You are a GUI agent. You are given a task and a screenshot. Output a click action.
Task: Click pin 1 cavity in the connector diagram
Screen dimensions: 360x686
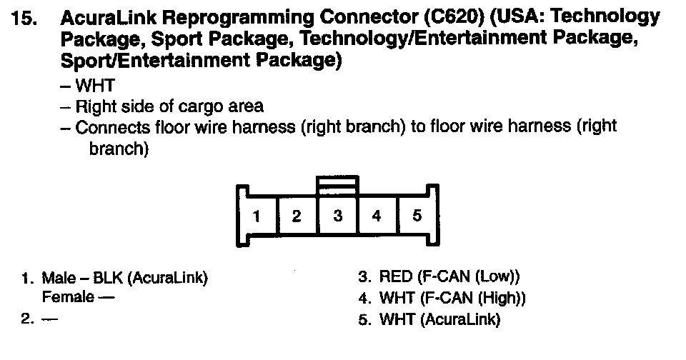click(x=257, y=216)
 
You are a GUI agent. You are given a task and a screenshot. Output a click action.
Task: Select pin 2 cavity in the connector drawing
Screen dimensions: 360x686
click(x=297, y=216)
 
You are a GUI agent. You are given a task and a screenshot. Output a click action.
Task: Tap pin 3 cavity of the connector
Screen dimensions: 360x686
click(x=337, y=216)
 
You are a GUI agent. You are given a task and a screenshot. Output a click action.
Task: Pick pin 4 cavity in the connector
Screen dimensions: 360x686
click(x=377, y=216)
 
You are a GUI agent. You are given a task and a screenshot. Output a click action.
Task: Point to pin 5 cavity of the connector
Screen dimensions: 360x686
click(x=417, y=216)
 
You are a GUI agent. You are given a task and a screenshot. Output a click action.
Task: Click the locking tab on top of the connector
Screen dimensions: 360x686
click(x=337, y=184)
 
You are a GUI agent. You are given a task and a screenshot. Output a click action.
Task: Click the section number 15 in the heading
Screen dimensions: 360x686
click(x=25, y=19)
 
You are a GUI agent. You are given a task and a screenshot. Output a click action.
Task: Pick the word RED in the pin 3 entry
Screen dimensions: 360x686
click(x=394, y=276)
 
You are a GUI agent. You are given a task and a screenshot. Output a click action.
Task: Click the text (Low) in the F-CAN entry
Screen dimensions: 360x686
click(x=496, y=276)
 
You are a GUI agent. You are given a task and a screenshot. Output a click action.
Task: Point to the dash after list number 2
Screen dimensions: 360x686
click(x=49, y=319)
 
